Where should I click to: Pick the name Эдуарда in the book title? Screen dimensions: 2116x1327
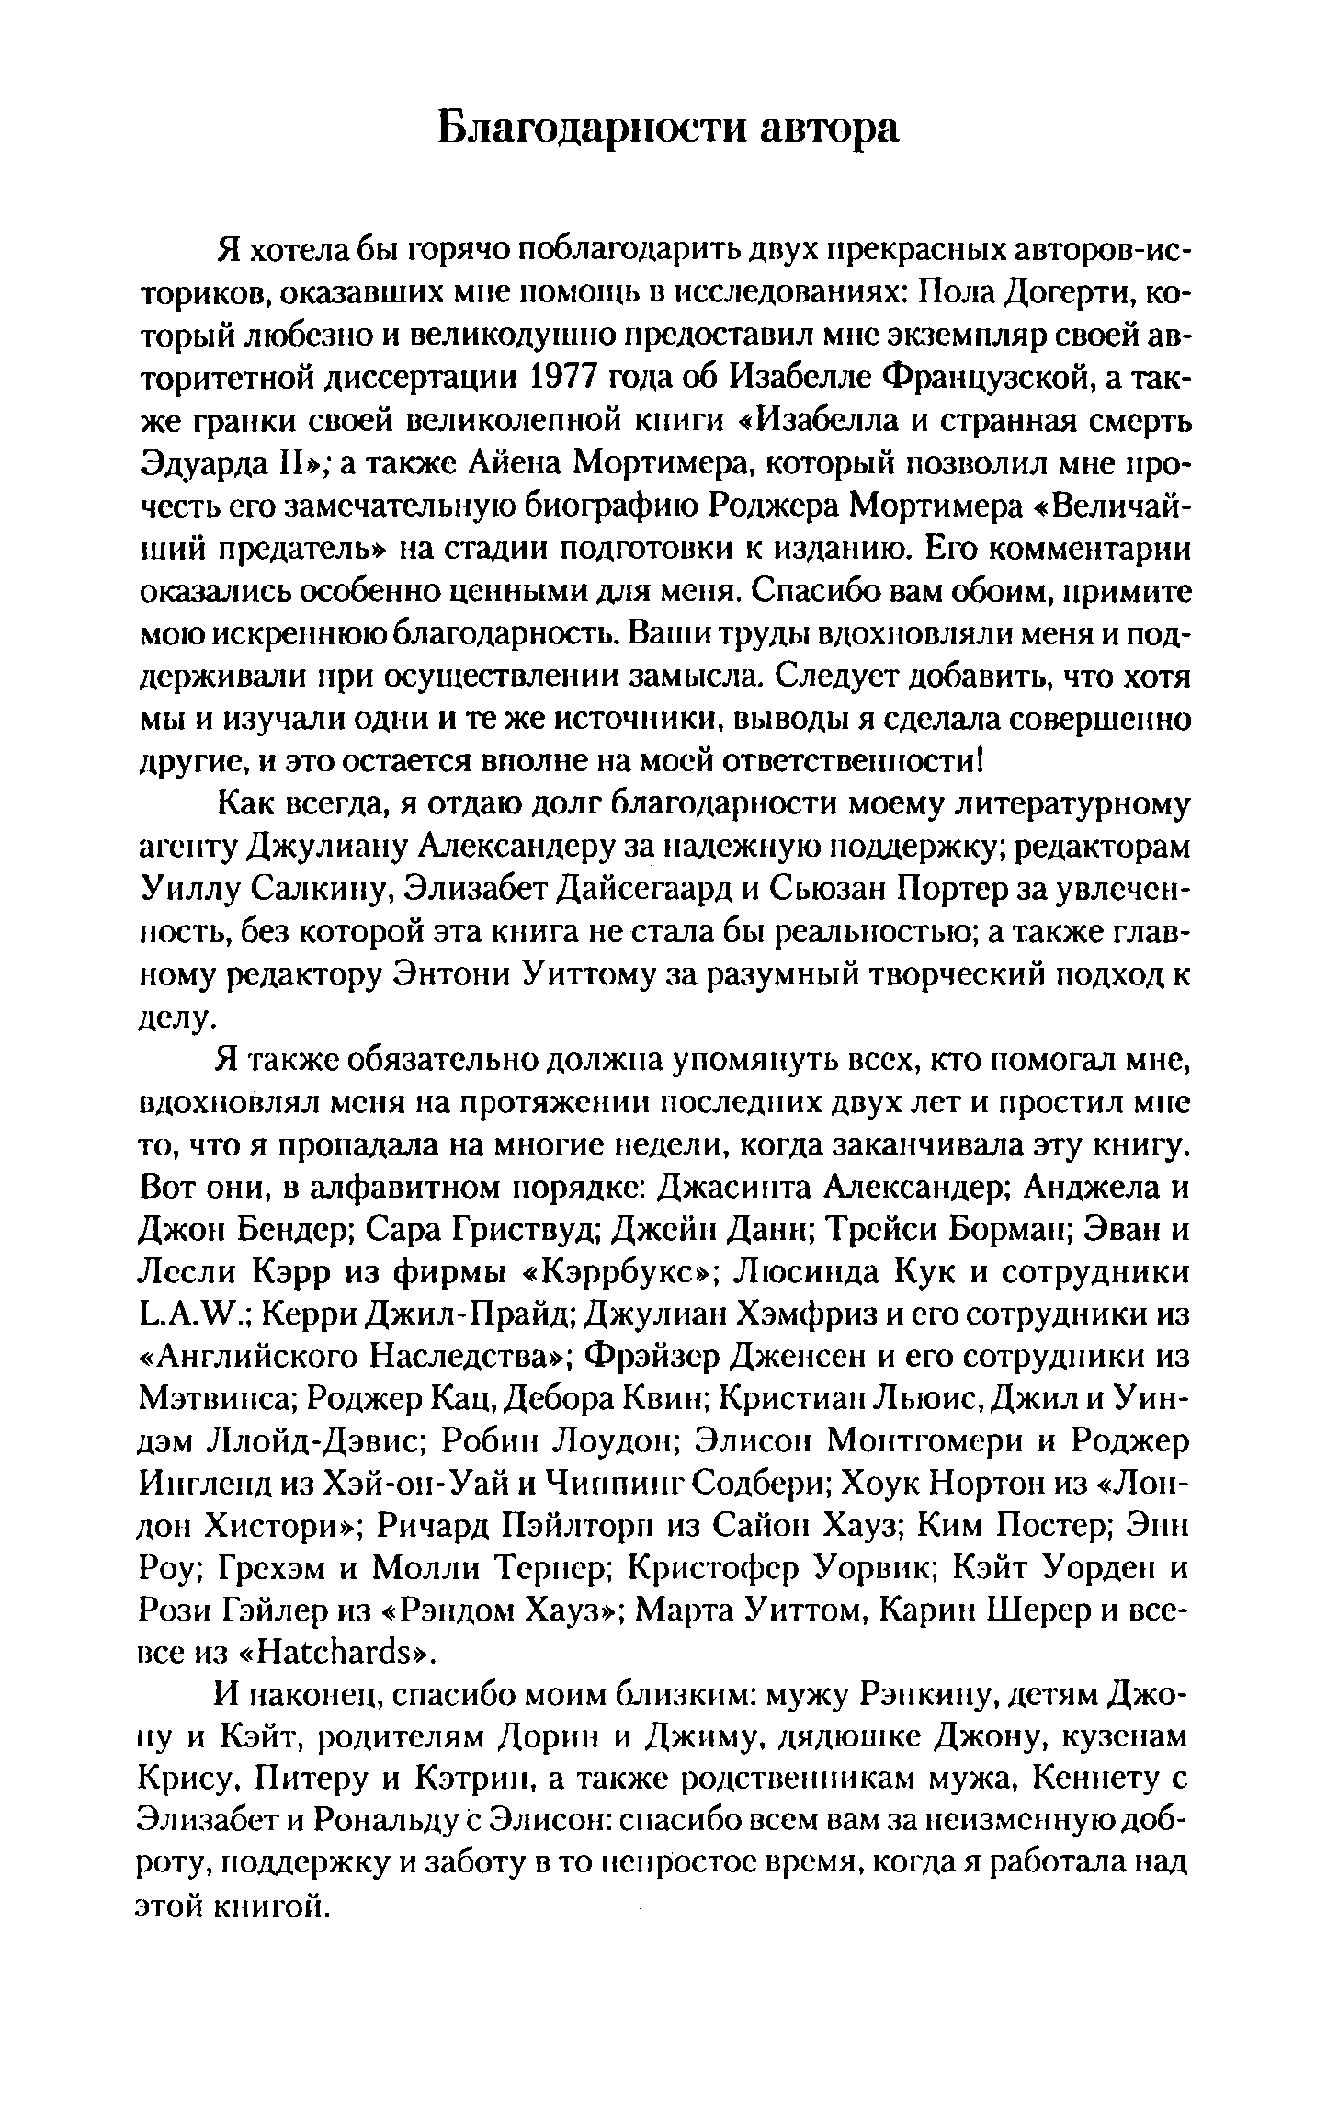coord(212,464)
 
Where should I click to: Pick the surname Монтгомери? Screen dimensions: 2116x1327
coord(923,1444)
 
